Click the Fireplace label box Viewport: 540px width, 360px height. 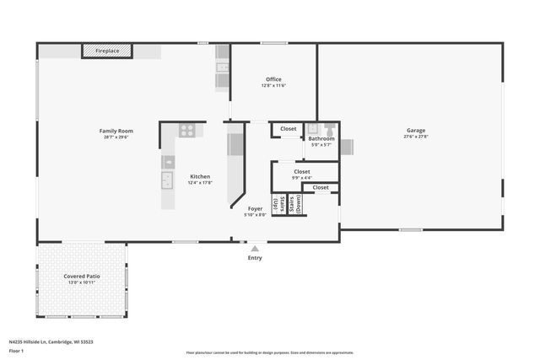coord(107,51)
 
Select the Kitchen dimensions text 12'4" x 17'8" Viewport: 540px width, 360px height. coord(200,182)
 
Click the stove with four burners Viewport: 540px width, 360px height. coord(187,131)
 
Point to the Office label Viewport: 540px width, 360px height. coord(273,79)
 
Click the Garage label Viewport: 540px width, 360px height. coord(416,131)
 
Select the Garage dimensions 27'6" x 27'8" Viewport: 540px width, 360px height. coord(416,137)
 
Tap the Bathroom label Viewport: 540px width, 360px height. coord(321,138)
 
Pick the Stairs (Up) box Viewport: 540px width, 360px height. coord(277,204)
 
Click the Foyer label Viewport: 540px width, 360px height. coord(255,208)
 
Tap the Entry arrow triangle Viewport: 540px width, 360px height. coord(255,248)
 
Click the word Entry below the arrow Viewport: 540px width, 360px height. coord(255,257)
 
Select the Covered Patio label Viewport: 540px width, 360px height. coord(82,276)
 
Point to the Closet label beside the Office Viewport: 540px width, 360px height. coord(289,129)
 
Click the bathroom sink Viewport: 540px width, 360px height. coord(313,129)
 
